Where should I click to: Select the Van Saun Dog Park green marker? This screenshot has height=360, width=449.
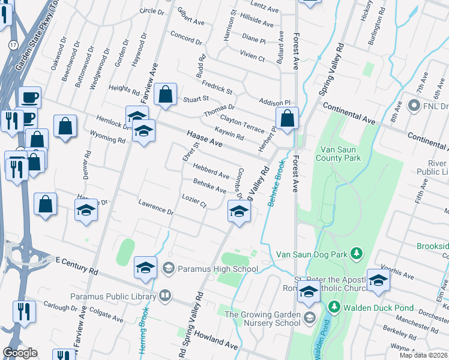[357, 253]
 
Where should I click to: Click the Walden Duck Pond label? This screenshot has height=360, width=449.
[378, 308]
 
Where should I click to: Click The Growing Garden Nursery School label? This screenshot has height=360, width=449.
[262, 318]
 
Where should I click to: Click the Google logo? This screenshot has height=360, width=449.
[20, 353]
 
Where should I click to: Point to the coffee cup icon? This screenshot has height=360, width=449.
[29, 98]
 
